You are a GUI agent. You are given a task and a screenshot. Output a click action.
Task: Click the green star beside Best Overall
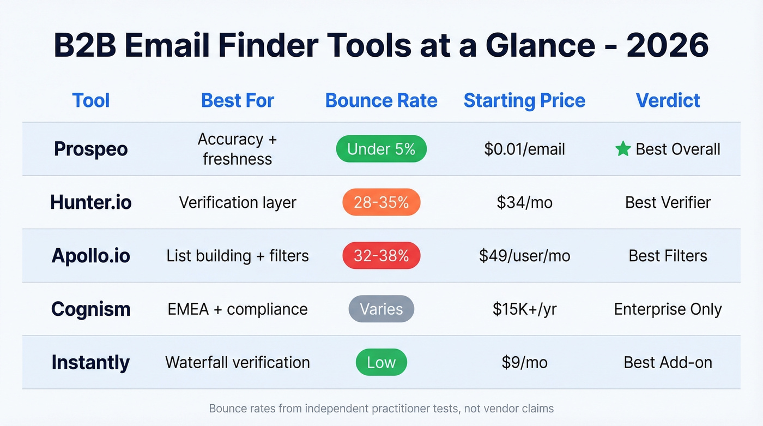click(x=623, y=149)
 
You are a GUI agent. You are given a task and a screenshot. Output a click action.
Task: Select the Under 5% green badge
click(x=381, y=149)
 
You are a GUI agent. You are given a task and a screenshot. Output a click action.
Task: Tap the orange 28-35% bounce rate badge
click(x=381, y=202)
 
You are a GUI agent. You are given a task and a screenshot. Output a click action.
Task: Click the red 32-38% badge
click(x=381, y=256)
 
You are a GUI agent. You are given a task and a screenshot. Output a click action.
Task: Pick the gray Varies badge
click(x=381, y=309)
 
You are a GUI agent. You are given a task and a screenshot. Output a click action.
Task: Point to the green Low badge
click(x=381, y=363)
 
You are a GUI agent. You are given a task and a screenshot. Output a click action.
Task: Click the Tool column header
click(x=91, y=100)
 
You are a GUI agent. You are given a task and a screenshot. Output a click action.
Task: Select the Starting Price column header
click(x=524, y=100)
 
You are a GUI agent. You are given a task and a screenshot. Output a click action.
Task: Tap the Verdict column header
click(x=668, y=100)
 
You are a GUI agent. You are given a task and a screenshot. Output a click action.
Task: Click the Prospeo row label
click(x=91, y=149)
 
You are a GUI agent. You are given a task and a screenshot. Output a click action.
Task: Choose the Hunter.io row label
click(x=91, y=202)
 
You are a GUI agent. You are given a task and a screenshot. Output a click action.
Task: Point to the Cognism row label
click(x=91, y=309)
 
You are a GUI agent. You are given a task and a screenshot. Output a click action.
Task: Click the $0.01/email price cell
click(x=524, y=149)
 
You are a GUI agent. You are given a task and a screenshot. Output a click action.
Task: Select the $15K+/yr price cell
click(x=524, y=309)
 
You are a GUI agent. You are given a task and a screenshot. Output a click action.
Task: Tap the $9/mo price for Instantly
click(x=524, y=363)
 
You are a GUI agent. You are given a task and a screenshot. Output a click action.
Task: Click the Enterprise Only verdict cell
click(x=668, y=309)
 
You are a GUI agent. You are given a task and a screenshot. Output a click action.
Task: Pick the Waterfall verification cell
click(x=238, y=363)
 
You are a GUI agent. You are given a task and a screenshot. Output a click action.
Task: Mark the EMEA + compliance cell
click(x=238, y=309)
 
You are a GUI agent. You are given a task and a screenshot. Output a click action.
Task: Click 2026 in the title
click(x=668, y=46)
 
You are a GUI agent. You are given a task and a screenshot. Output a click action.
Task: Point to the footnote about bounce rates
click(x=381, y=408)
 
